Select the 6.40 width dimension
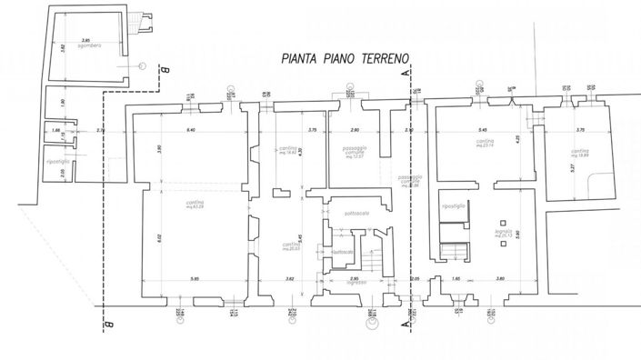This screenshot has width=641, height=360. (x=191, y=131)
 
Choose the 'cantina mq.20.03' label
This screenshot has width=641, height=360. (x=291, y=246)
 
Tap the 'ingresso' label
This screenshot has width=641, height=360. (x=356, y=283)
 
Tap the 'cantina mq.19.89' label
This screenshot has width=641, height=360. (x=579, y=153)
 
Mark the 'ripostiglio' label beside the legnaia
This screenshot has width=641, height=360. (x=453, y=206)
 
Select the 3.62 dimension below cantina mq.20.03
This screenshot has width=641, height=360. (x=288, y=278)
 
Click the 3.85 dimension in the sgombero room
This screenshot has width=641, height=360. (x=86, y=40)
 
